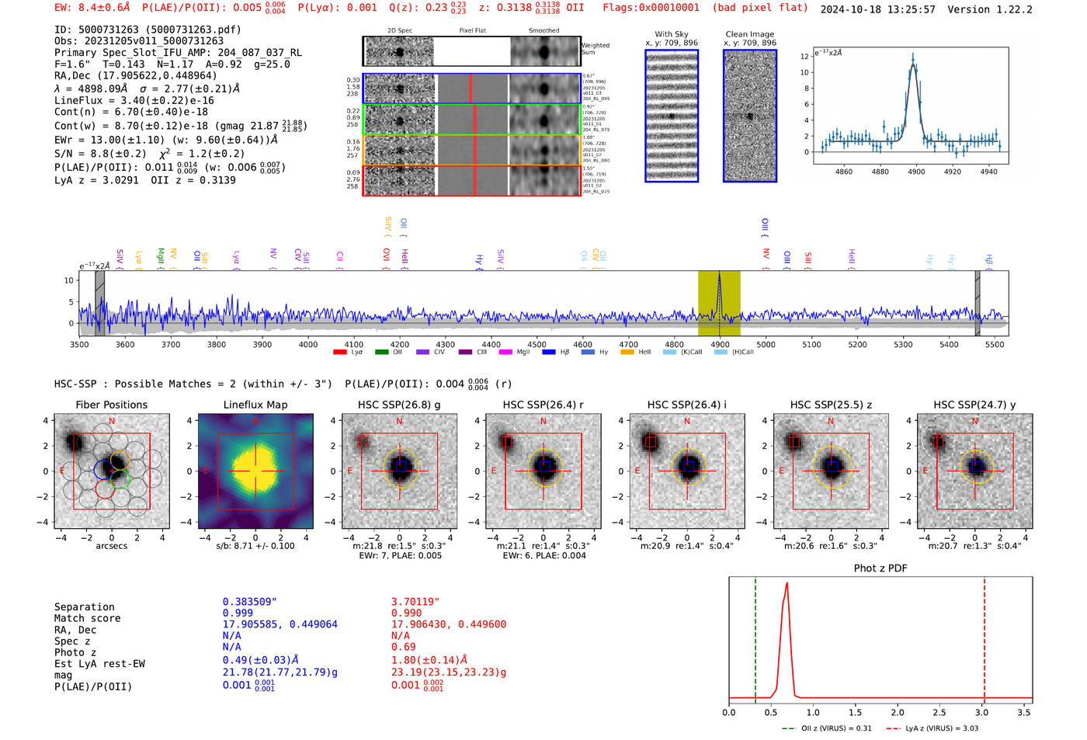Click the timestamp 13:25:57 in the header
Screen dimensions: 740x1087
(x=907, y=9)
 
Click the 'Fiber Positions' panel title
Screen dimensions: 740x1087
(x=111, y=405)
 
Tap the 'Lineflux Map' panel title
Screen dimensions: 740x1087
(x=255, y=405)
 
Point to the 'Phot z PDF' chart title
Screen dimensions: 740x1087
(x=880, y=568)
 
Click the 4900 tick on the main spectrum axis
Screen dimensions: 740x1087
(x=720, y=344)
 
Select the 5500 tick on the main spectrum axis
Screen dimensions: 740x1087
(x=995, y=344)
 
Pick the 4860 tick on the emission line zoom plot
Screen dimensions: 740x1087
(x=843, y=172)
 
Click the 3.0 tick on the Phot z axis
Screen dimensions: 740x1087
(x=982, y=712)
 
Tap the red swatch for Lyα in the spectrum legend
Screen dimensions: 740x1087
(x=339, y=353)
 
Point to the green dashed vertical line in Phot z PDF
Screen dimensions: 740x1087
(x=755, y=637)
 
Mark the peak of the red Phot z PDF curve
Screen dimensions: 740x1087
(x=787, y=583)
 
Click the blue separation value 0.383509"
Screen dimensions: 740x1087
(x=249, y=602)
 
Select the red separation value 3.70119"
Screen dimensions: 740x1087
(x=415, y=602)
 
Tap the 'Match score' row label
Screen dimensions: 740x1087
(x=87, y=618)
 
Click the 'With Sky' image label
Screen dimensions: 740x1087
(x=672, y=34)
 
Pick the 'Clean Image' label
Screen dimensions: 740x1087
(x=749, y=34)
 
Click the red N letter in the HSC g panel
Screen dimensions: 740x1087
(x=399, y=422)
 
